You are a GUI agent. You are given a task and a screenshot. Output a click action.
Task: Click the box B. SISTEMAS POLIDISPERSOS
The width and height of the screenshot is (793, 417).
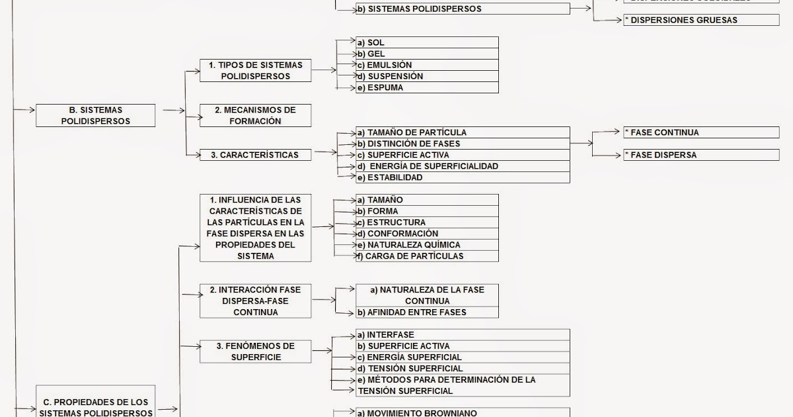(95, 115)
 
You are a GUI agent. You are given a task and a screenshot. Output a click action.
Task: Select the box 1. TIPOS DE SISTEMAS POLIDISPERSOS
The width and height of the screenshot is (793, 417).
(255, 70)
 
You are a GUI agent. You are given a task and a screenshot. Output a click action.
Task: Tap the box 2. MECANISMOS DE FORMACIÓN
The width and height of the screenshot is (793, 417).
(255, 115)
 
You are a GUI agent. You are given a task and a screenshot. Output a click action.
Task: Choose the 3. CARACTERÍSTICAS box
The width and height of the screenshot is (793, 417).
(255, 155)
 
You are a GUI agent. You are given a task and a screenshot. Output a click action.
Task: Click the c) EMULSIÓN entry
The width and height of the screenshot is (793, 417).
(427, 65)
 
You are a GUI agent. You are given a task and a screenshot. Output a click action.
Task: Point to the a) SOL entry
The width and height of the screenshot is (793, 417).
(427, 42)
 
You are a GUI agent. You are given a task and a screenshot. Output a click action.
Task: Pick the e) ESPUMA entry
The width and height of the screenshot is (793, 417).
(427, 87)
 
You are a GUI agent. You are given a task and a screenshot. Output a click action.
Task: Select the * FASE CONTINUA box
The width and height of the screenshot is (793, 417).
(700, 132)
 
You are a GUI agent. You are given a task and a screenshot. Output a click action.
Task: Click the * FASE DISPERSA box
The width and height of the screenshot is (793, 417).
(700, 155)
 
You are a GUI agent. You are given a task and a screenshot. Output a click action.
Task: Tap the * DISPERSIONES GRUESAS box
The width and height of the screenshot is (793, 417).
(700, 20)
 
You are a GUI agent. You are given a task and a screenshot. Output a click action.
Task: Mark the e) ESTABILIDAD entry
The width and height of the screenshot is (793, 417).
(463, 177)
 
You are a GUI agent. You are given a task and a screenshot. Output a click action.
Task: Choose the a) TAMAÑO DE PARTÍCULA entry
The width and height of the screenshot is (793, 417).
(463, 132)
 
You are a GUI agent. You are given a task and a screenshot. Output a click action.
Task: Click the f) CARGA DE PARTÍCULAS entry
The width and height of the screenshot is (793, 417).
(427, 256)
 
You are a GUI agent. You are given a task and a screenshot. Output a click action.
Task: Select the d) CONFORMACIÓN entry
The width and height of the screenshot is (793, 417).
(427, 234)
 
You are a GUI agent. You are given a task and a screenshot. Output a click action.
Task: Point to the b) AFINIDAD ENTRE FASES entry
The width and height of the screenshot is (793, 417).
(427, 312)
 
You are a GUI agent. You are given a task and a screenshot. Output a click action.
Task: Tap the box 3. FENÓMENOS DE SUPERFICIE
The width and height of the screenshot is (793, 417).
(255, 351)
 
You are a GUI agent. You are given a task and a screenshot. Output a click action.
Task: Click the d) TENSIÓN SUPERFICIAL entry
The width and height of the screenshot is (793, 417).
(463, 369)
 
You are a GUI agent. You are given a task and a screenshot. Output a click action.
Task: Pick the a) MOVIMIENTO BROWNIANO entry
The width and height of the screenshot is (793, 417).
(463, 413)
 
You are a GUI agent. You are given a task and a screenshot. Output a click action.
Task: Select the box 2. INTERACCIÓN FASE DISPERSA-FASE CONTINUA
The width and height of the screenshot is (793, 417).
(255, 301)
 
